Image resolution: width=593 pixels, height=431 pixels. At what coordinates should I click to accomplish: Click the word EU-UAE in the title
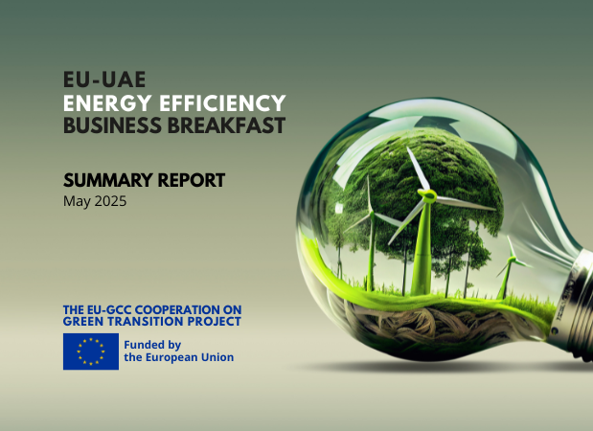104,79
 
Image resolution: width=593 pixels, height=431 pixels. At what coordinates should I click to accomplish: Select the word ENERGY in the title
107,103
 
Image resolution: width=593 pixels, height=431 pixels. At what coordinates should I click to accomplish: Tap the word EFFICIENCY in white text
222,103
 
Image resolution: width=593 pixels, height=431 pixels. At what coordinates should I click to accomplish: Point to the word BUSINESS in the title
112,125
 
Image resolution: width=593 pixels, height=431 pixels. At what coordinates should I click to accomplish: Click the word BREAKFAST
226,125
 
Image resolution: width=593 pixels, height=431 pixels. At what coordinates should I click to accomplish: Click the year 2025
110,201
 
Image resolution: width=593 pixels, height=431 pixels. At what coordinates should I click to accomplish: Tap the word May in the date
78,201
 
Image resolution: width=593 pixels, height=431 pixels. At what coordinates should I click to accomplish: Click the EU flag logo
91,352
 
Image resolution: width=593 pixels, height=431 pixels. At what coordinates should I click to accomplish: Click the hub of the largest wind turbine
427,195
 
